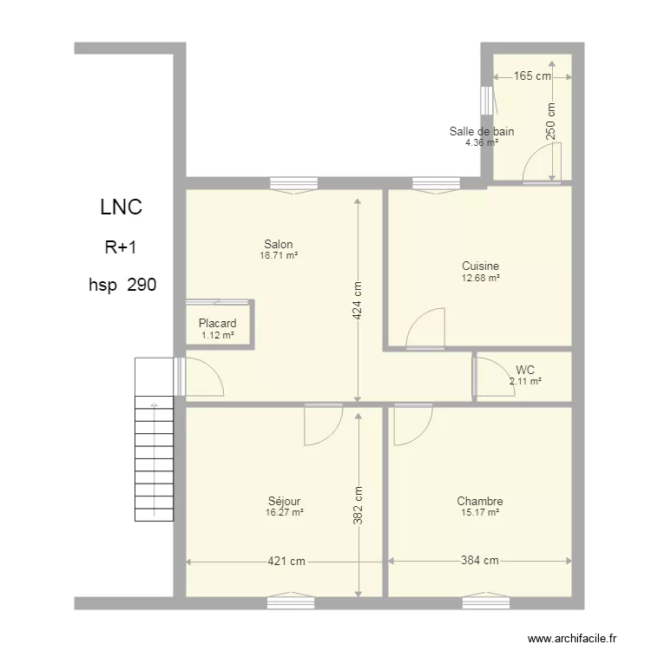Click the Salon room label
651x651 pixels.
(x=279, y=244)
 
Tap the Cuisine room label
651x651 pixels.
(x=480, y=266)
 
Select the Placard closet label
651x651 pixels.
(x=218, y=323)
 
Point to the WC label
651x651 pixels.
(x=525, y=370)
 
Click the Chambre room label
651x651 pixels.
(x=480, y=501)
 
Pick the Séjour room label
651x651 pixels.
(x=285, y=501)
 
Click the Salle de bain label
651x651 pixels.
(x=482, y=131)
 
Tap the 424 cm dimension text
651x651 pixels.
(x=357, y=300)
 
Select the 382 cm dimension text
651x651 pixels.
(x=358, y=505)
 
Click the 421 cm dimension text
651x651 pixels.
(x=286, y=562)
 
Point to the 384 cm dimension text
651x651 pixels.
(x=480, y=561)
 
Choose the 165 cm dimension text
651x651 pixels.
(x=533, y=76)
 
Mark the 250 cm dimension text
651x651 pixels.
(x=550, y=122)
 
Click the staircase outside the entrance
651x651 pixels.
(x=154, y=439)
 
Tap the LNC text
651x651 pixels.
(x=122, y=207)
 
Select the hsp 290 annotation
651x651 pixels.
(x=122, y=285)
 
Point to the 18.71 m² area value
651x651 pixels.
(x=279, y=255)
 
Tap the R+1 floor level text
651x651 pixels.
(x=121, y=247)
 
